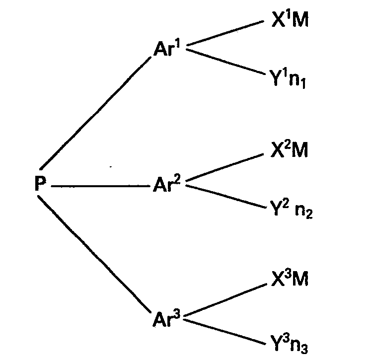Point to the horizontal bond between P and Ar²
point(99,186)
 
